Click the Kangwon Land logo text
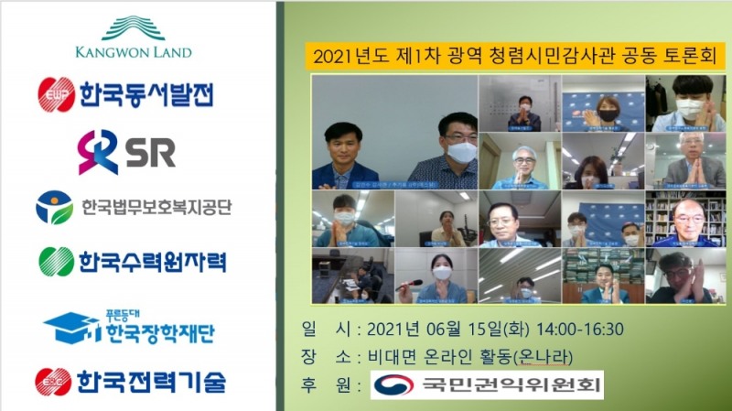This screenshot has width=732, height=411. (134, 52)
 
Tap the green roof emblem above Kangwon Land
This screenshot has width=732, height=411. (134, 27)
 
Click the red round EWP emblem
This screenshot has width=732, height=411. (56, 94)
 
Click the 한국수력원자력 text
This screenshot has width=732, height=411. (152, 261)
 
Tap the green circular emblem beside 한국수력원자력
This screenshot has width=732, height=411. (56, 262)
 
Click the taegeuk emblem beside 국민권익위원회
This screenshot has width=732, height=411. (393, 384)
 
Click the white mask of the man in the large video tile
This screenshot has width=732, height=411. (461, 152)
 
